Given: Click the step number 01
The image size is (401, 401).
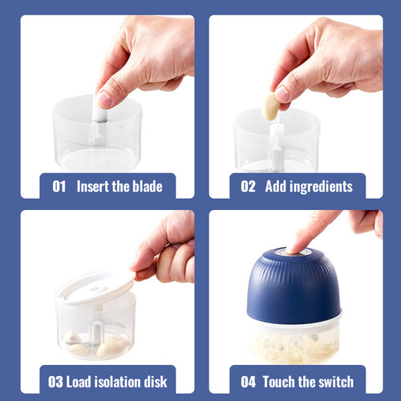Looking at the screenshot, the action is point(59,186).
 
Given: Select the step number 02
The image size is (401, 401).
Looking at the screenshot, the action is point(248,186).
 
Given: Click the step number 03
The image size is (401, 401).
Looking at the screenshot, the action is point(55,382).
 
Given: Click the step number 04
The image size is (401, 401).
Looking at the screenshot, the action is point(248,382).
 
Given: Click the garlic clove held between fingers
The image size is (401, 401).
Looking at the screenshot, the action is point(270,107).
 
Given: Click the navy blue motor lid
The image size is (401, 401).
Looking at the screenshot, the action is point(294,286).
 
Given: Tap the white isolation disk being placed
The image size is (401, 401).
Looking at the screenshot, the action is point(95,287).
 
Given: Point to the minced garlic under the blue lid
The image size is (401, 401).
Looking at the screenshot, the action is point(294,347).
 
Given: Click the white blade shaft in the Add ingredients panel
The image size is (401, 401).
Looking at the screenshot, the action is point(276,146).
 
